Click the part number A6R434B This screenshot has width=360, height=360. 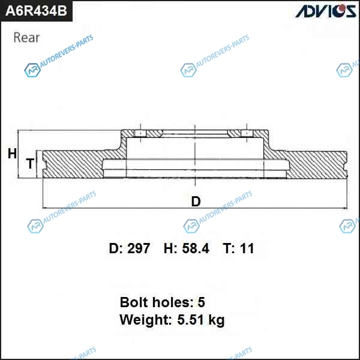coord(36,11)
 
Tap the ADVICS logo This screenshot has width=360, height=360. coord(326,11)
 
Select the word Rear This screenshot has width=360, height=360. coord(26,37)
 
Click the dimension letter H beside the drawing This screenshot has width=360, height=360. coord(12,154)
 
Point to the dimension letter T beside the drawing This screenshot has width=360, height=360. coord(31,163)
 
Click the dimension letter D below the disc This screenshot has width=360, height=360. coord(196,202)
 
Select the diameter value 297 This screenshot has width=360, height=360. coord(139,248)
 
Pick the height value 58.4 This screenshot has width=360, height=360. coord(196,248)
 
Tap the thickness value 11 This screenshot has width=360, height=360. coord(247,248)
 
